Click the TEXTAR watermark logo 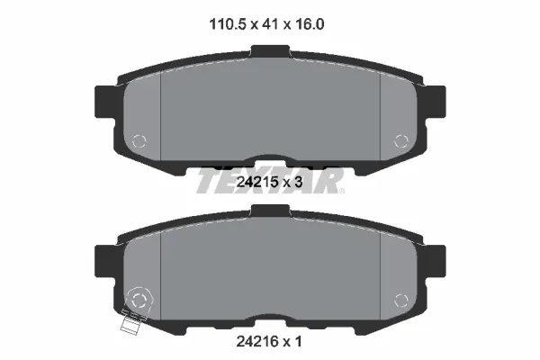269,180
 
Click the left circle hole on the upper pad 138,140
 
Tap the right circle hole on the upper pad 402,139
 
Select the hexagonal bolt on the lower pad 139,299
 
